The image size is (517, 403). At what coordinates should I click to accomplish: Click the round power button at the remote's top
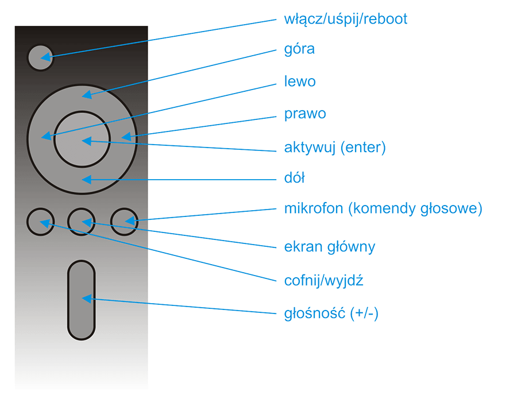[x=40, y=57]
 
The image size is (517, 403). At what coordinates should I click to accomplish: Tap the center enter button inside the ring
[x=82, y=139]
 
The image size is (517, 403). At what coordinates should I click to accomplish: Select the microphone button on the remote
[x=124, y=222]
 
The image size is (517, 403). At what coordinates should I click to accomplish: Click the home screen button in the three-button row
[x=82, y=222]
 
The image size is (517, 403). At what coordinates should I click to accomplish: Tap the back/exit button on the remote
[x=41, y=222]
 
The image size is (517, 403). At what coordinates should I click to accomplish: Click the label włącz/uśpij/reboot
[x=346, y=19]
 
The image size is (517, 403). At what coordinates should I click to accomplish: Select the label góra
[x=299, y=49]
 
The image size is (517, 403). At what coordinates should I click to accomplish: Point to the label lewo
[x=300, y=81]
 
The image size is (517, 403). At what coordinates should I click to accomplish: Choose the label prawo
[x=305, y=114]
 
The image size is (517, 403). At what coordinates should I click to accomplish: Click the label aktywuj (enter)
[x=335, y=148]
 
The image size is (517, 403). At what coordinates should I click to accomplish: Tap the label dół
[x=295, y=177]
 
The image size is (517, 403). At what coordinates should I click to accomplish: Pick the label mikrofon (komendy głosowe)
[x=383, y=208]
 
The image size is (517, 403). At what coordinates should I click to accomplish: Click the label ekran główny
[x=330, y=247]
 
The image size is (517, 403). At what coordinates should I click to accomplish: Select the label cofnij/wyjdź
[x=324, y=281]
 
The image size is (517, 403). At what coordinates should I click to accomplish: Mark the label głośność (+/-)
[x=331, y=313]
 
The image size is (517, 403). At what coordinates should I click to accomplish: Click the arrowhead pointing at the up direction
[x=87, y=95]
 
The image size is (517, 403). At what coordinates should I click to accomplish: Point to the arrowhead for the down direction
[x=86, y=180]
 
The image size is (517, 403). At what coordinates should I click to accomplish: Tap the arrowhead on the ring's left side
[x=47, y=135]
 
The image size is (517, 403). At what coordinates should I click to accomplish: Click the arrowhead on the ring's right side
[x=126, y=137]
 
